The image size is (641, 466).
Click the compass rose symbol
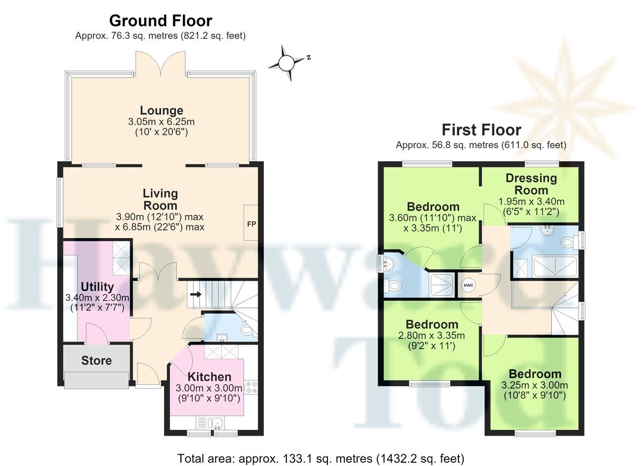coord(286,63)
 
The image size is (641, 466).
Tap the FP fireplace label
coord(252,224)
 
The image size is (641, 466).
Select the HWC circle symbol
coord(468,286)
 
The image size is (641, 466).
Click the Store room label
coord(97,360)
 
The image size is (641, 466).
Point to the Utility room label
coord(97,287)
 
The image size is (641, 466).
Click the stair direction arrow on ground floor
coord(196,294)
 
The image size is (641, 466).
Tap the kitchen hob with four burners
coord(251,387)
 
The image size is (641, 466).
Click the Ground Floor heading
coord(161,21)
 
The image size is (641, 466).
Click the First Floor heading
coord(481,130)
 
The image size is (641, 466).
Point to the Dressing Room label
coord(531,184)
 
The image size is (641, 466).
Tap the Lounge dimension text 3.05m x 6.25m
coord(161,122)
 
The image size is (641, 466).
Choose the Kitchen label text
coord(209,377)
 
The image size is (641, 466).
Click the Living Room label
coord(160,200)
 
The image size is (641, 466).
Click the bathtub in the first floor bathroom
coord(556,266)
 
